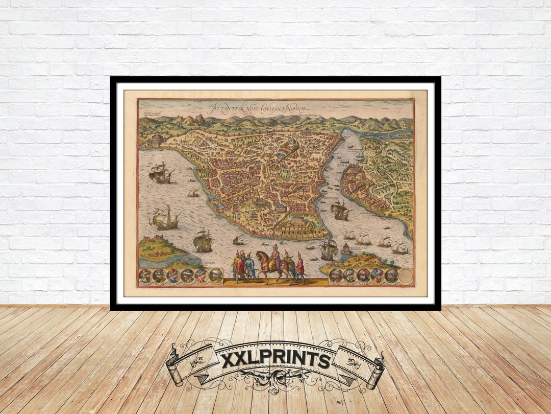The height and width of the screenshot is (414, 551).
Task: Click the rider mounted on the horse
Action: (x=275, y=258)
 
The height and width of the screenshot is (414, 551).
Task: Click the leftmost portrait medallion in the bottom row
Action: (x=145, y=276)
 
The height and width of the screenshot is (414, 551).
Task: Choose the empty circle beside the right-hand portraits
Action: (x=406, y=277)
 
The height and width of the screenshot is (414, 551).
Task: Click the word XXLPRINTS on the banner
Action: (x=275, y=359)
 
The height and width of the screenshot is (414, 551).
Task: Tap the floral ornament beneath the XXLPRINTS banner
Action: (x=275, y=381)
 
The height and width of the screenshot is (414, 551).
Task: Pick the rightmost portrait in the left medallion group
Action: (x=216, y=276)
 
